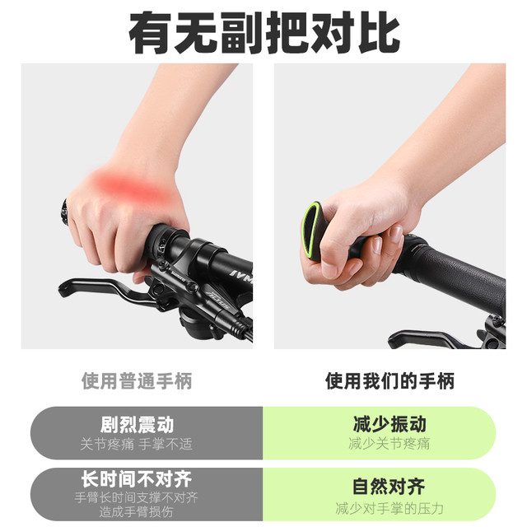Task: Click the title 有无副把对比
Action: pos(264,33)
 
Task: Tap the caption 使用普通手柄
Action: pos(137,381)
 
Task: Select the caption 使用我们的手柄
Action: pos(389,381)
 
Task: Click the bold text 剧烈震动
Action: pos(137,425)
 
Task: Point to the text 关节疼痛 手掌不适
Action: pos(137,445)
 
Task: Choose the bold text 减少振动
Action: pos(389,424)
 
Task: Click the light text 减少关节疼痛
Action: pos(389,443)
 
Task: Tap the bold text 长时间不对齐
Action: pos(137,479)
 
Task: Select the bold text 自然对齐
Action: pos(389,487)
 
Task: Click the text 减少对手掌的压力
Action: pos(389,508)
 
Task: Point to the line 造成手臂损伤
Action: pos(136,511)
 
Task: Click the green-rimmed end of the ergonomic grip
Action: pos(311,231)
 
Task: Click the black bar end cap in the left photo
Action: pos(64,212)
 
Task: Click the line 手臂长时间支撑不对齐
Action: pos(137,497)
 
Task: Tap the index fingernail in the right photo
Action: pos(397,234)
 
